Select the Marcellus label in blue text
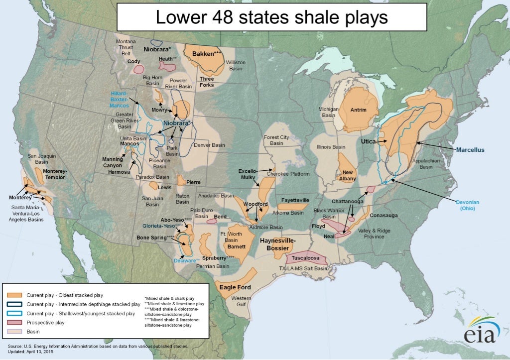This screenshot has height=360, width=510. click(470, 149)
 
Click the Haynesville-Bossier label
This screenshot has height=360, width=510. click(278, 244)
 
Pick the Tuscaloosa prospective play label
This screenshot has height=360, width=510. click(305, 258)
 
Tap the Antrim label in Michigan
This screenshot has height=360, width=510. click(358, 110)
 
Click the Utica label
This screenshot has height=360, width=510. click(368, 142)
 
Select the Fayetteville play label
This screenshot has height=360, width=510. click(295, 200)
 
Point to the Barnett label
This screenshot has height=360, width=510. click(236, 246)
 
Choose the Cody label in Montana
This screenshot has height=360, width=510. click(133, 61)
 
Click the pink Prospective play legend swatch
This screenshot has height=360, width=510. click(13, 322)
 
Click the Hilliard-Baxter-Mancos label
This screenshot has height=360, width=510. click(120, 99)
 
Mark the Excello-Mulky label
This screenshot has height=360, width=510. click(248, 174)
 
